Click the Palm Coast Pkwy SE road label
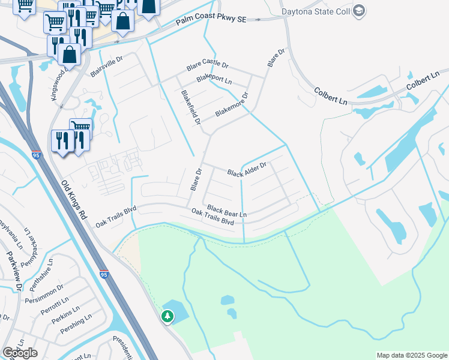click(x=211, y=20)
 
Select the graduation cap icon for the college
click(x=358, y=11)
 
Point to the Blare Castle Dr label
click(x=208, y=67)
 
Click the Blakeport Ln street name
click(x=214, y=80)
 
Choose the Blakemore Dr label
click(x=231, y=104)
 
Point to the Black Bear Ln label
click(x=227, y=211)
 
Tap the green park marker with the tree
click(x=167, y=316)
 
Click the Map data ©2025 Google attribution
click(x=411, y=355)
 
